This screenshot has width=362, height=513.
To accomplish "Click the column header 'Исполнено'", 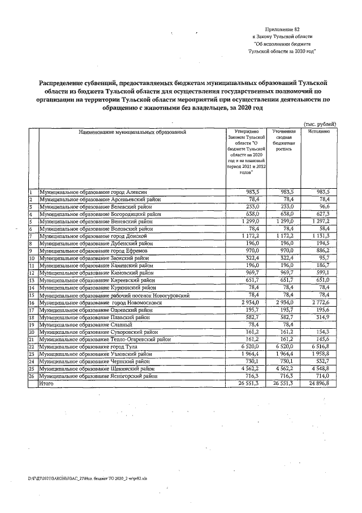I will coord(320,132).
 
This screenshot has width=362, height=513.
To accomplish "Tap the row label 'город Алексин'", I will coord(93,192).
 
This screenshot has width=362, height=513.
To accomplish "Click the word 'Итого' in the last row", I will coord(46,383).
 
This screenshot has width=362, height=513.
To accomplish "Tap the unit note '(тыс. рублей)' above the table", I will coord(320,124).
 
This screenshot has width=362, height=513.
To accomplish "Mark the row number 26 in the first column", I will coord(33,376).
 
